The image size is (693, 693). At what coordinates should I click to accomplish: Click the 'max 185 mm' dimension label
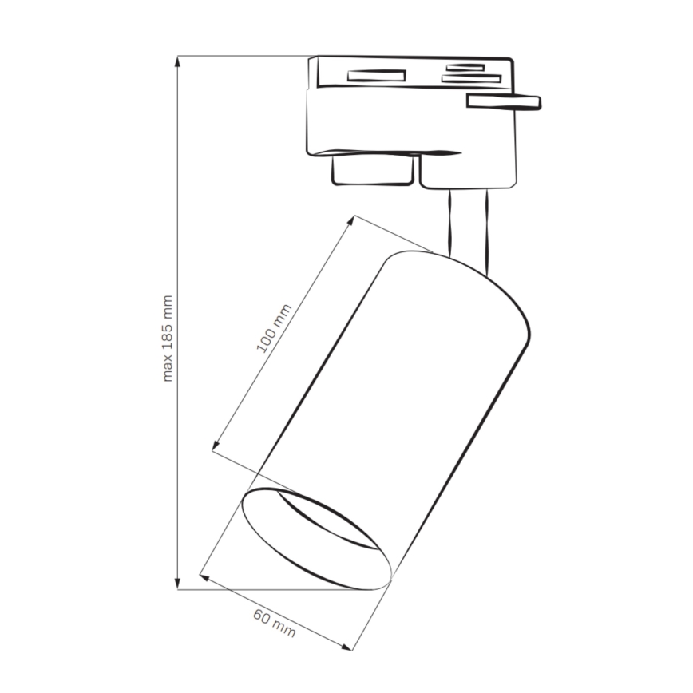pos(168,338)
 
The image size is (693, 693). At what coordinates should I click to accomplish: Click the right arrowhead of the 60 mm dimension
pos(352,646)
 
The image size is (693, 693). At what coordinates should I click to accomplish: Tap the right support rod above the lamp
pos(485,232)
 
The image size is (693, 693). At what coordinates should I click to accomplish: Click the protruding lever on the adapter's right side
pos(504,101)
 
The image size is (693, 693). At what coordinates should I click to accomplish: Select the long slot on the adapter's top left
pos(375,76)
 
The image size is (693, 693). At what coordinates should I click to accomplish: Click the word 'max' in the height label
pos(168,367)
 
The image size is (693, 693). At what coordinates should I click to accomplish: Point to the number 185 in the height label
pos(168,335)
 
